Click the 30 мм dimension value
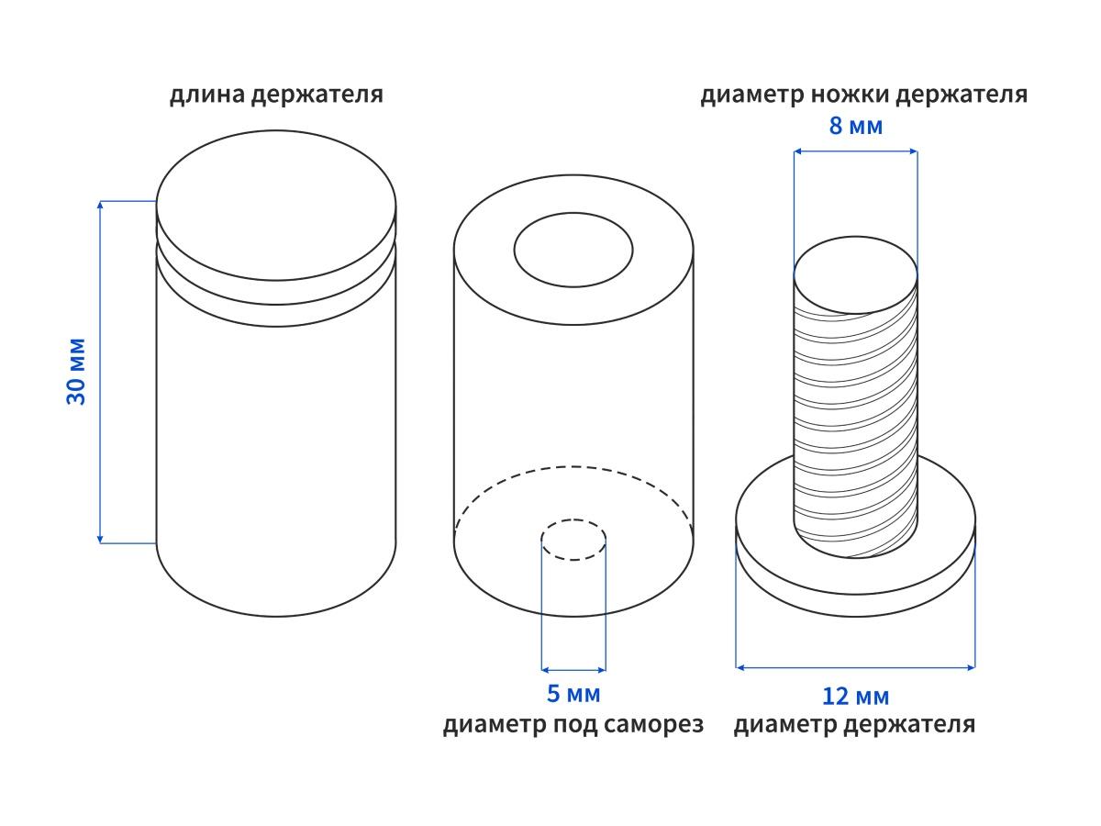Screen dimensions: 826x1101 tap(76, 372)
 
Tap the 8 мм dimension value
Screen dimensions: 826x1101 tap(855, 126)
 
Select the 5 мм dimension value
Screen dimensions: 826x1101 tap(573, 695)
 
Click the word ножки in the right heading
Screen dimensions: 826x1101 tap(851, 95)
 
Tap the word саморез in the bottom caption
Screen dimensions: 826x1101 tap(654, 725)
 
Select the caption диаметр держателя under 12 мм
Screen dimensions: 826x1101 tap(854, 725)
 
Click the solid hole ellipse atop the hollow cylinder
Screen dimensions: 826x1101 tap(573, 249)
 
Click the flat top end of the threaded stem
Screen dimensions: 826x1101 tap(855, 276)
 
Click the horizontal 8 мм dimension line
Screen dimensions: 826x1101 tap(855, 151)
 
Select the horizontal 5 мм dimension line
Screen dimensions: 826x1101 tap(573, 669)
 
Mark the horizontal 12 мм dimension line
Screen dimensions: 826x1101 tap(855, 667)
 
